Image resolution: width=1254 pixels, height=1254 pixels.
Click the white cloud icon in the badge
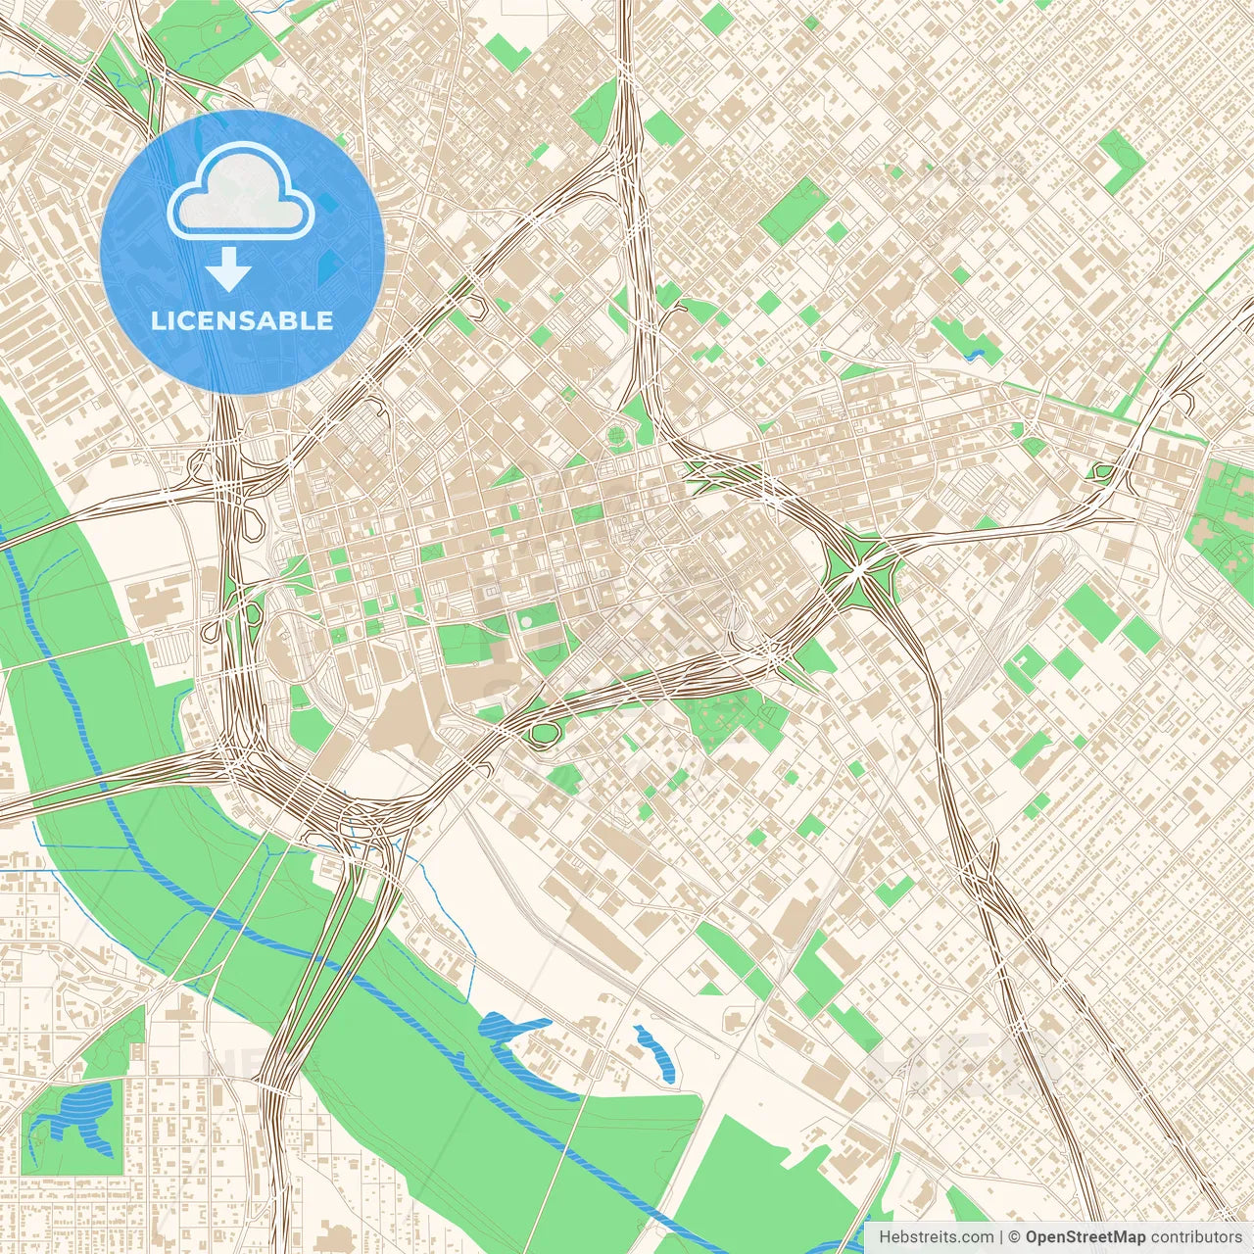(241, 191)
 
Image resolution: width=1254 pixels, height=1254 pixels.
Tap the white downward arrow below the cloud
(228, 269)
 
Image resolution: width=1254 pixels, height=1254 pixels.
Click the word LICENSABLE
(242, 320)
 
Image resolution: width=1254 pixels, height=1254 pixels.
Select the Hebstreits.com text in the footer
(936, 1237)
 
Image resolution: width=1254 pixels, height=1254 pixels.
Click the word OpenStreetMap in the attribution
(1085, 1237)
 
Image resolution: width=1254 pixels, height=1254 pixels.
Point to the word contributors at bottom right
(1196, 1237)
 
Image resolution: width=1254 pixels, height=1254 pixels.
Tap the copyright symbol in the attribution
(1015, 1237)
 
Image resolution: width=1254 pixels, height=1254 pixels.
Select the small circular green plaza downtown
(616, 436)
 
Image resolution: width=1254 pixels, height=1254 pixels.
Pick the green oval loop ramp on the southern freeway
(541, 733)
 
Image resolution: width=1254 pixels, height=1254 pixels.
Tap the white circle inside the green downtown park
(526, 621)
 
